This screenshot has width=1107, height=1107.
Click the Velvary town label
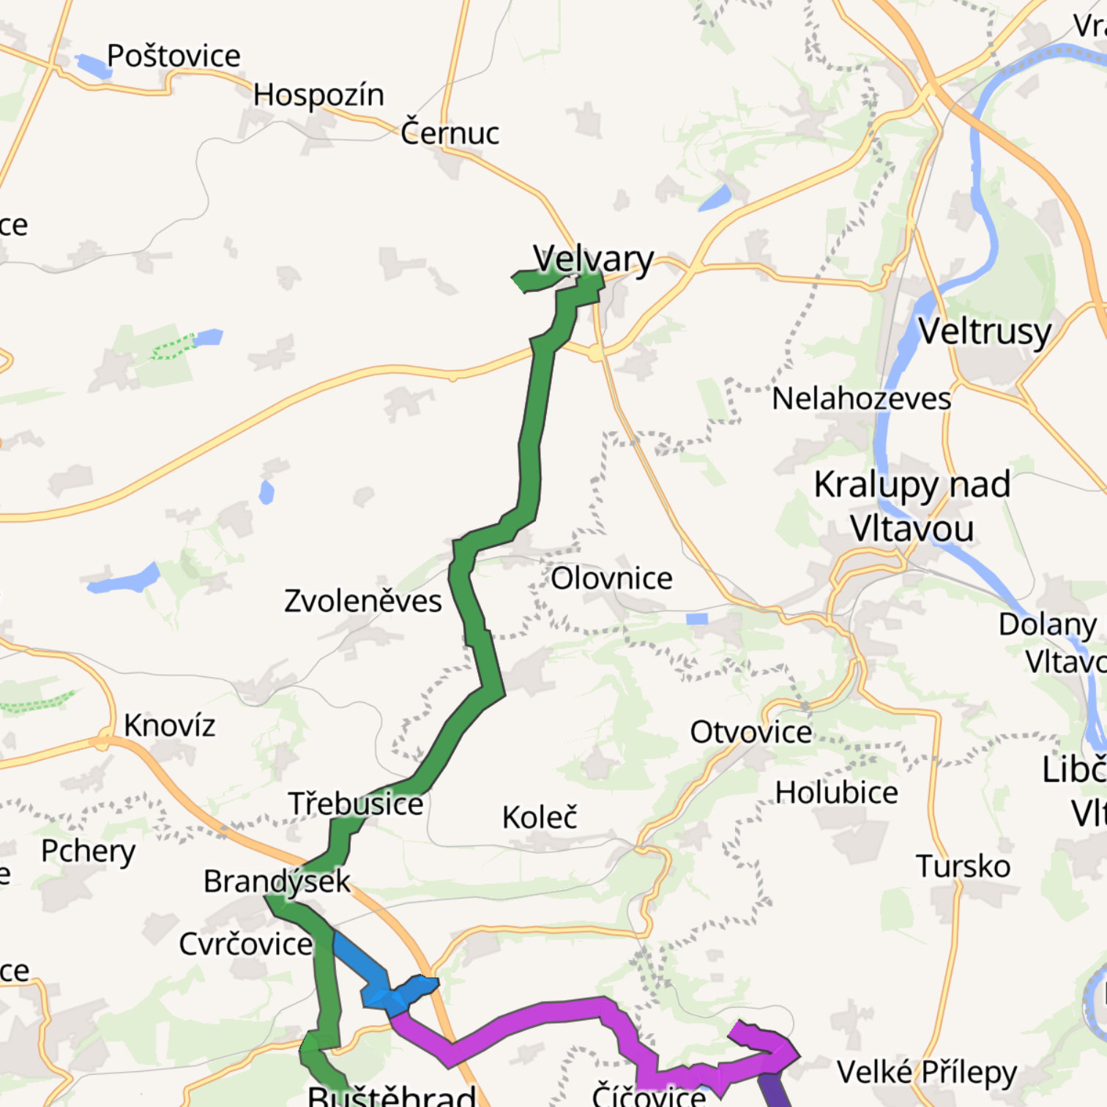[x=593, y=258]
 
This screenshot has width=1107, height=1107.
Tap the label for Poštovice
[x=174, y=56]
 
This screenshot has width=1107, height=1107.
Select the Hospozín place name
[x=318, y=94]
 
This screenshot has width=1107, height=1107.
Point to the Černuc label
[x=450, y=133]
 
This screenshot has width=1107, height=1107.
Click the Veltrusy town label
[x=985, y=331]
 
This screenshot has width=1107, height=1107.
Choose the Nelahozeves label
[x=861, y=399]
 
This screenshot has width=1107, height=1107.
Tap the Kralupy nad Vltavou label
[x=912, y=506]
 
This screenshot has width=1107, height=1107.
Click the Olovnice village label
[x=611, y=578]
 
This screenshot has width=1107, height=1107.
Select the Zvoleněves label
[x=363, y=601]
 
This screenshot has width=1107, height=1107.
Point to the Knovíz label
[x=169, y=726]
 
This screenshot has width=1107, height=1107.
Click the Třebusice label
[x=356, y=804]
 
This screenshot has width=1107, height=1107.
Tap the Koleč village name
[x=540, y=817]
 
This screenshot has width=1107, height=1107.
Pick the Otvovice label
[x=750, y=732]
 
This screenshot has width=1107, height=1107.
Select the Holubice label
[x=836, y=792]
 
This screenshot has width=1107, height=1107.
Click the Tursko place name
[x=963, y=866]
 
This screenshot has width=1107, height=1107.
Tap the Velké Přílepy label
[x=927, y=1073]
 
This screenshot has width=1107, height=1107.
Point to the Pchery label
[x=88, y=851]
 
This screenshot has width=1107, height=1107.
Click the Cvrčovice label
[x=245, y=944]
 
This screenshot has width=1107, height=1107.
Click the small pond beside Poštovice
[x=94, y=65]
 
